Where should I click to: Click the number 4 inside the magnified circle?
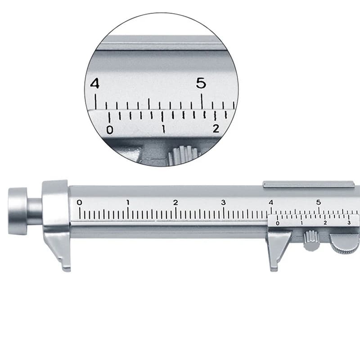[94, 84]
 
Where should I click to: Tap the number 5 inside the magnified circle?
[201, 83]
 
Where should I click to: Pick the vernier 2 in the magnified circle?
[216, 129]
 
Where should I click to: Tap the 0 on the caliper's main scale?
[80, 202]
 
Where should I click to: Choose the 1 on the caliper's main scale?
[128, 202]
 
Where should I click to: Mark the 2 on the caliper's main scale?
[175, 202]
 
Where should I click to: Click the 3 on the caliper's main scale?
[223, 202]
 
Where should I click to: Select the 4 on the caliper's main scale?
[271, 202]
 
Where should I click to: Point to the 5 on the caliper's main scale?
[319, 202]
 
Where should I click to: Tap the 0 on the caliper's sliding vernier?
[277, 223]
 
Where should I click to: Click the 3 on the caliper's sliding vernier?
[349, 223]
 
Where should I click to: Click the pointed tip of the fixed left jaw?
[67, 268]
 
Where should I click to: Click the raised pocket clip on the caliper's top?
[308, 184]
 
